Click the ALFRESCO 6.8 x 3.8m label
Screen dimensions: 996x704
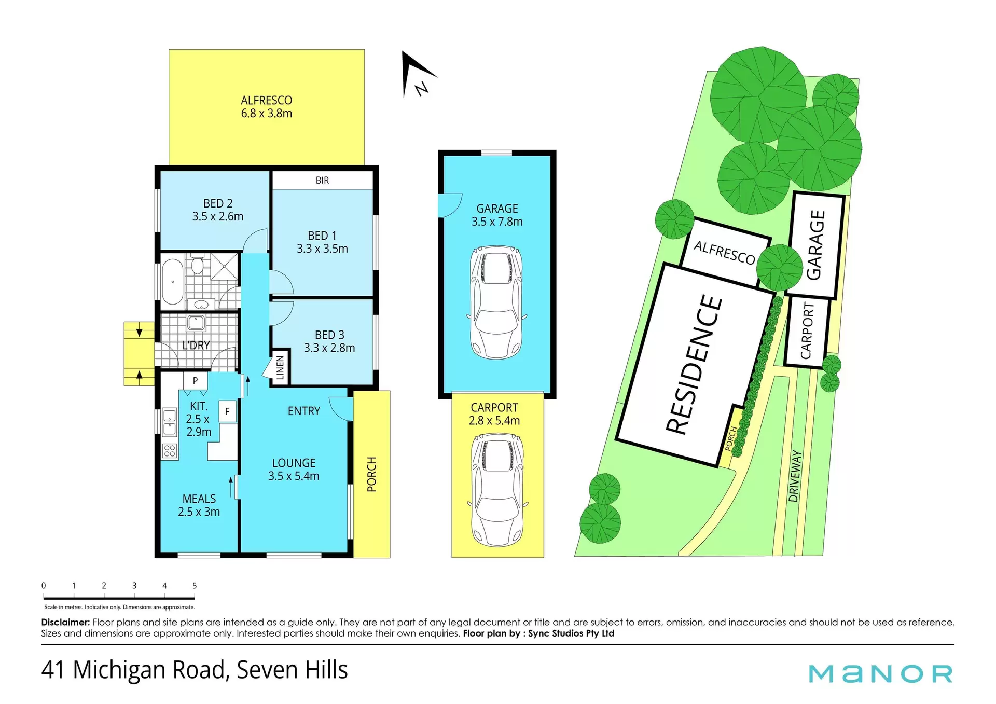[266, 107]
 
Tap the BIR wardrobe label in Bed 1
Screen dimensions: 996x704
[322, 180]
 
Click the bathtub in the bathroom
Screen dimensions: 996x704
[173, 282]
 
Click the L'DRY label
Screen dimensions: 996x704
[196, 345]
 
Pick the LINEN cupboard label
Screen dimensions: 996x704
[280, 368]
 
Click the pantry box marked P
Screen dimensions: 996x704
[195, 381]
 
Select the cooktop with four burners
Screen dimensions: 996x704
[170, 451]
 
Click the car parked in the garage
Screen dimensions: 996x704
[496, 302]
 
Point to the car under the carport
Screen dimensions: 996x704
[498, 490]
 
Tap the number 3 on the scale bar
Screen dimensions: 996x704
[134, 586]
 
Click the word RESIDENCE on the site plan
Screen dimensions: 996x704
[694, 364]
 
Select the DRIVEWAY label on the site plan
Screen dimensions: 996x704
[794, 476]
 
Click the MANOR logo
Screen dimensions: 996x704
[880, 674]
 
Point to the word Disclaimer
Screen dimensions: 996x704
[65, 622]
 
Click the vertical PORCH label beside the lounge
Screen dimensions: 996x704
[372, 474]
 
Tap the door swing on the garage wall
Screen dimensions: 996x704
[450, 205]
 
